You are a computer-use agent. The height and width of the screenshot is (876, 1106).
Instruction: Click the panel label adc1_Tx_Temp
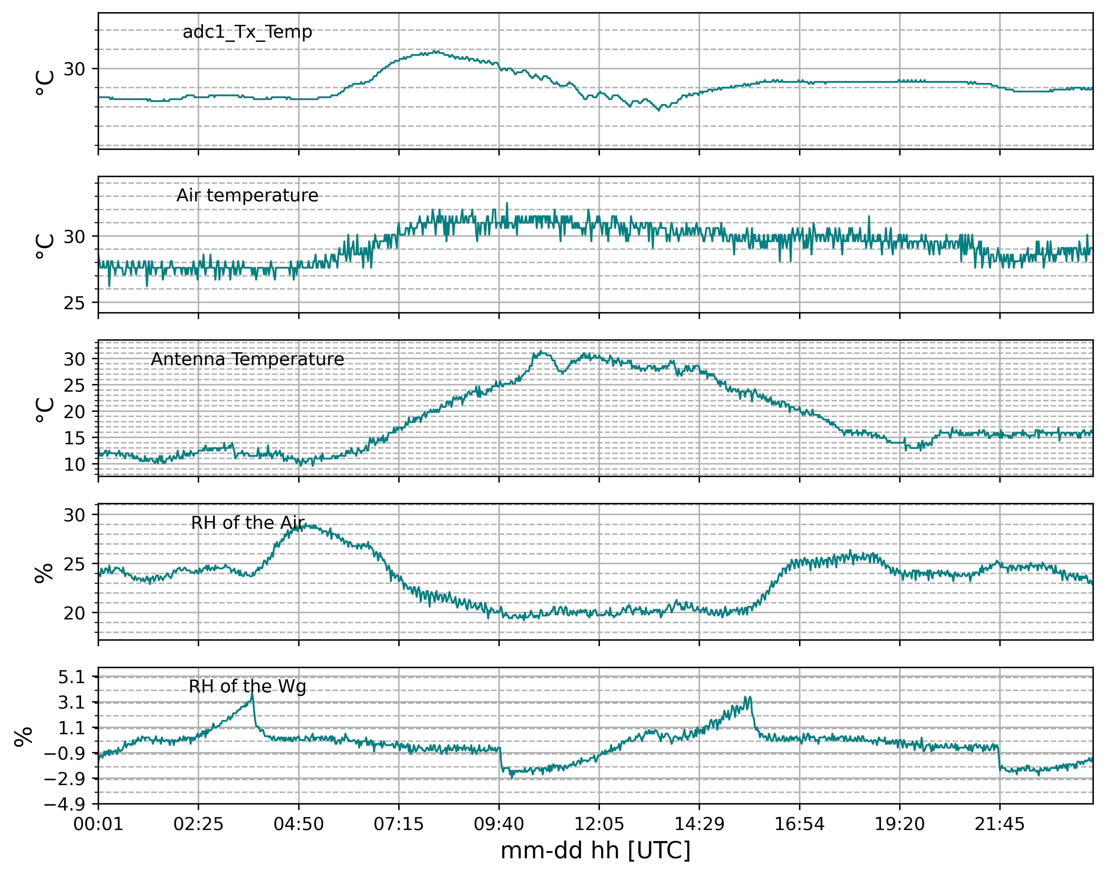247,32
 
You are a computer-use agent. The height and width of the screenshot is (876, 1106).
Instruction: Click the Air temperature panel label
247,195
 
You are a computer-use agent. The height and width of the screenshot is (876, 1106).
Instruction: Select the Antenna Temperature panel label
247,359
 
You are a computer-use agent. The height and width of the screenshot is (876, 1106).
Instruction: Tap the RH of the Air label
247,523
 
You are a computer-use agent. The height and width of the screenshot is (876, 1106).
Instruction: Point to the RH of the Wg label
247,686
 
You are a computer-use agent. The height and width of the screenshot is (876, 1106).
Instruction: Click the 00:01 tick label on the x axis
98,824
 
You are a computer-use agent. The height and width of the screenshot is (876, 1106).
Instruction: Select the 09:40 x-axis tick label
499,824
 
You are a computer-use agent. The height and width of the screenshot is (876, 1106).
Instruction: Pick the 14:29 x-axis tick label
699,824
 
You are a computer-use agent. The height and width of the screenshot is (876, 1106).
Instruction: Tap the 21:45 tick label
999,824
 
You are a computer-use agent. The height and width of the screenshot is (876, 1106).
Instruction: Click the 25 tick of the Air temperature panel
74,303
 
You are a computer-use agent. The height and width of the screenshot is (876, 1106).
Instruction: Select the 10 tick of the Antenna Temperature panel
74,464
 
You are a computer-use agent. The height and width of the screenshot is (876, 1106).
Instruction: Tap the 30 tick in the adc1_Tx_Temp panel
74,69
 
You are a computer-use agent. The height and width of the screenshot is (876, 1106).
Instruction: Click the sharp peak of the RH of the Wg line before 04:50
252,694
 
